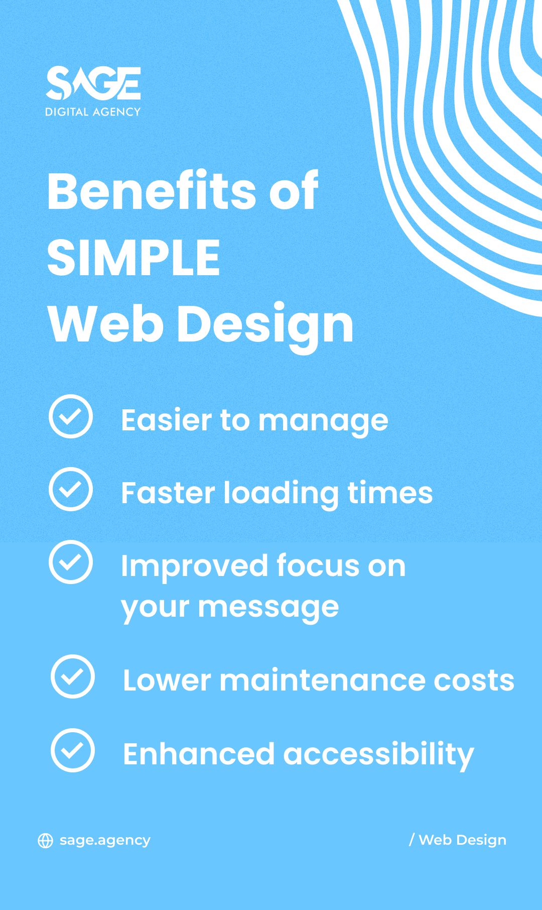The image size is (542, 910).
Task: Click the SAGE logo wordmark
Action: pyautogui.click(x=93, y=83)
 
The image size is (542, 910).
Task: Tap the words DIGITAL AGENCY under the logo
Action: pyautogui.click(x=93, y=112)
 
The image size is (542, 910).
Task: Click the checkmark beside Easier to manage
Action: pyautogui.click(x=71, y=416)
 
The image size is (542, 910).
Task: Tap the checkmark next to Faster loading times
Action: pyautogui.click(x=71, y=489)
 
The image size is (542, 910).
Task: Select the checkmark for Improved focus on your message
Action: pyautogui.click(x=71, y=562)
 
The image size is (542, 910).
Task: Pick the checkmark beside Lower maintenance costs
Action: pyautogui.click(x=73, y=676)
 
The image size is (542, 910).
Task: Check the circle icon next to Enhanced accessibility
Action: pyautogui.click(x=73, y=750)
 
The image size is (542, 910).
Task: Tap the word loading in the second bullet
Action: pyautogui.click(x=281, y=494)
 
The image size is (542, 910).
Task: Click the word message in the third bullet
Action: pyautogui.click(x=268, y=608)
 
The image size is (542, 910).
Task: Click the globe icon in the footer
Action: pyautogui.click(x=46, y=841)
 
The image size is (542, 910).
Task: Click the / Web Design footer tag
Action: pyautogui.click(x=458, y=840)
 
